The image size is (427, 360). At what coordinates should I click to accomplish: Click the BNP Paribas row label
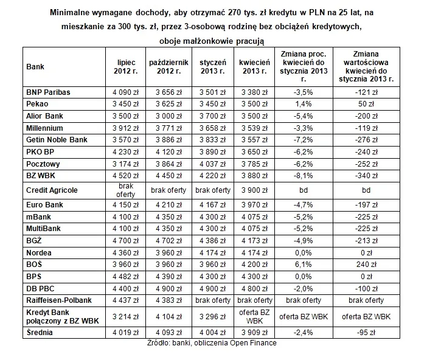click(x=48, y=92)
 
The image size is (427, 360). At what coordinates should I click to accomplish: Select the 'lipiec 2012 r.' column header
click(x=126, y=67)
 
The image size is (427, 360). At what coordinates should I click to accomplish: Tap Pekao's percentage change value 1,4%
click(x=304, y=104)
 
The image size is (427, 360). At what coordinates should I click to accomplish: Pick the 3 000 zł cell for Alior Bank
click(x=168, y=116)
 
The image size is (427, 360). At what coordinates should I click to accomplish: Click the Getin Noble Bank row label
click(x=57, y=140)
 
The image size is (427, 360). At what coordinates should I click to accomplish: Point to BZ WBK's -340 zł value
click(x=366, y=176)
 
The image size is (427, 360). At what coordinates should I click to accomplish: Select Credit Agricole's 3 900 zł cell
click(x=254, y=190)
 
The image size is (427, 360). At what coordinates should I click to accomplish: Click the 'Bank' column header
click(x=35, y=67)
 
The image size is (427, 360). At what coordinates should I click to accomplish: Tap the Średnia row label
click(x=40, y=333)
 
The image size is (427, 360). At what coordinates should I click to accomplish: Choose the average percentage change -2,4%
click(x=304, y=333)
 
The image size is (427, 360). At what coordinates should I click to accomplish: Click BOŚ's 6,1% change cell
click(x=304, y=265)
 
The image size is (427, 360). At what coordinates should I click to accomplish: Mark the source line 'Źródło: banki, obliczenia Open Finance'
click(x=212, y=343)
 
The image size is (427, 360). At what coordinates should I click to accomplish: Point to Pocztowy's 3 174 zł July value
click(x=125, y=164)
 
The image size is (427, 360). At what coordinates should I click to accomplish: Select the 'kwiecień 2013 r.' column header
click(x=254, y=67)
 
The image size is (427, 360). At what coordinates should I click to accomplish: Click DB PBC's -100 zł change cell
click(x=366, y=289)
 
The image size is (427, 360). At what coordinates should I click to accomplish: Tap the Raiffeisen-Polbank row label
click(x=59, y=300)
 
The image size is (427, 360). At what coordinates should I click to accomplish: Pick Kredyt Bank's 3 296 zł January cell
click(x=212, y=317)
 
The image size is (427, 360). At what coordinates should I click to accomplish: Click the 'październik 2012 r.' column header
click(x=168, y=67)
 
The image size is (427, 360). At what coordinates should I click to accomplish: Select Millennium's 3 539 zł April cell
click(x=254, y=128)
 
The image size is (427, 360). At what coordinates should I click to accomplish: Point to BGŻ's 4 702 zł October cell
click(x=168, y=241)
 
